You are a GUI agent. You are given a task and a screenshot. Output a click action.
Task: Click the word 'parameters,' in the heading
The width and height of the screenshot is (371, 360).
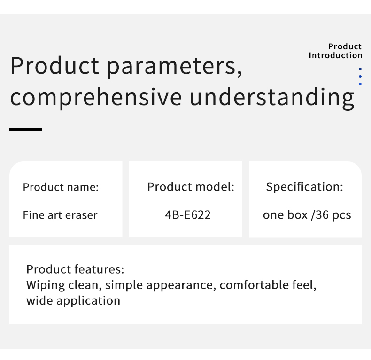(175, 67)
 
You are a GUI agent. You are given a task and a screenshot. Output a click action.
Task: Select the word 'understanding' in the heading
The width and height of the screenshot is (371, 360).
(272, 98)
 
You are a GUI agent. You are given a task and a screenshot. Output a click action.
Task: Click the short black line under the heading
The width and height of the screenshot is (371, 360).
(25, 130)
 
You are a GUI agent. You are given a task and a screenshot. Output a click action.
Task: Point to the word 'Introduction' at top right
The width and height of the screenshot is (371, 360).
(335, 55)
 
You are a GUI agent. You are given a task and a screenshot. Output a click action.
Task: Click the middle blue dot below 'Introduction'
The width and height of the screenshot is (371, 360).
(360, 77)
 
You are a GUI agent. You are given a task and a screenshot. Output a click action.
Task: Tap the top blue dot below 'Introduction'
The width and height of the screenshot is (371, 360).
(360, 69)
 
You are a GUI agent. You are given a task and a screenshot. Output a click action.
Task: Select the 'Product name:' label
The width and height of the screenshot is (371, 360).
(61, 187)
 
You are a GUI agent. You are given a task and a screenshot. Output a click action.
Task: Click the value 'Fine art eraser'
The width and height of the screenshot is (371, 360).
(60, 215)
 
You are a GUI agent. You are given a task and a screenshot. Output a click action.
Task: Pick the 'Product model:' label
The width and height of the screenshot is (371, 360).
(191, 187)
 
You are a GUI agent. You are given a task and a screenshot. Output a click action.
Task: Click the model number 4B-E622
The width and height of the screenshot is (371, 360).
(188, 215)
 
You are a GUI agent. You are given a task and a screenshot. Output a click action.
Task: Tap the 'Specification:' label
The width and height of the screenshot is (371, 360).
(304, 187)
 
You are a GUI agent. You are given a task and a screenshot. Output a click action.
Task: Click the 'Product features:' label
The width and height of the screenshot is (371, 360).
(75, 269)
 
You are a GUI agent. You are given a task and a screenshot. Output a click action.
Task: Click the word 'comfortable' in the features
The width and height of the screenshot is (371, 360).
(254, 285)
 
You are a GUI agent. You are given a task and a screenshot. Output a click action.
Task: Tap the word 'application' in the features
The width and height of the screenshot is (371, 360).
(88, 301)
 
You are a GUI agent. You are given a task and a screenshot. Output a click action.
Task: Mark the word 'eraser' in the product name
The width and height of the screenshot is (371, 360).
(81, 215)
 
